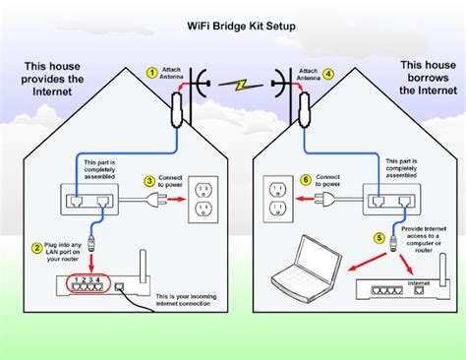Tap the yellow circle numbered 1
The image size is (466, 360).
click(x=150, y=72)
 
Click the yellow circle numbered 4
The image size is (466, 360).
click(x=328, y=72)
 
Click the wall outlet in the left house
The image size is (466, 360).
click(x=203, y=200)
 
